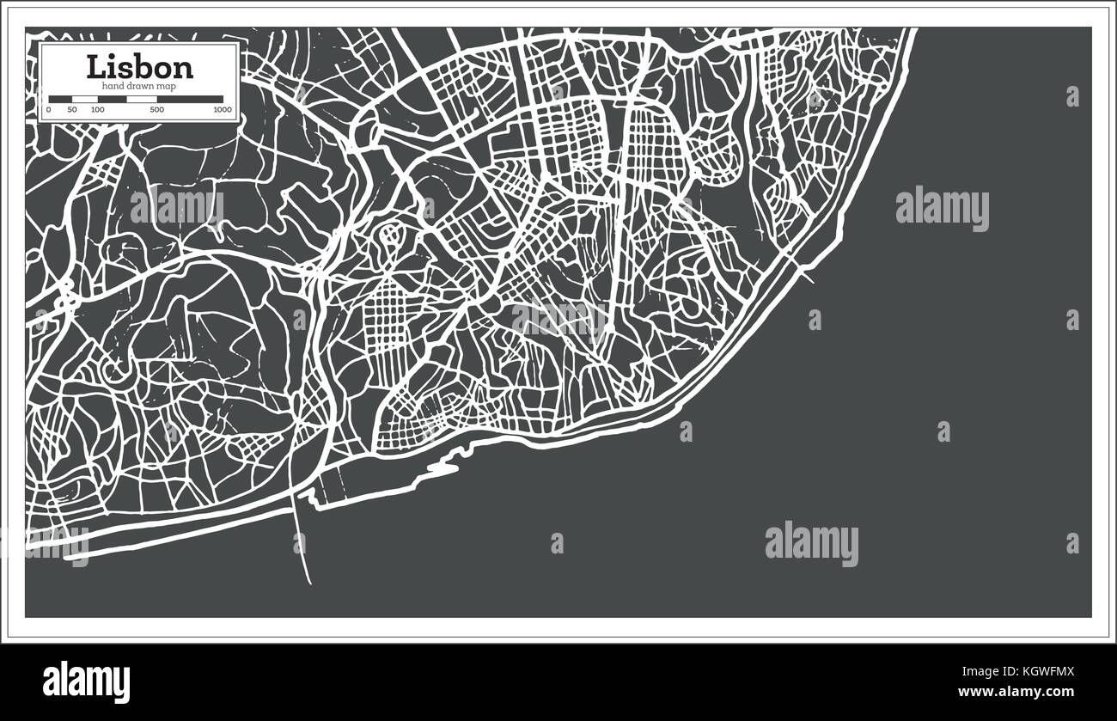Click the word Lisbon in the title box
(139, 66)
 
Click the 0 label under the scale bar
(49, 110)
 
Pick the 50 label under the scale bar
(72, 110)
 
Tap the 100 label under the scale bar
(98, 110)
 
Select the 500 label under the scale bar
(156, 110)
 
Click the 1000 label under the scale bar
(223, 110)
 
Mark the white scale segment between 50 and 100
(85, 100)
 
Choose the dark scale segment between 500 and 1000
(190, 100)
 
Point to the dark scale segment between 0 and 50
(60, 100)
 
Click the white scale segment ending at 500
(142, 100)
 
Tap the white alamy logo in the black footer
(87, 681)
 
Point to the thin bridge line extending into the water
(303, 541)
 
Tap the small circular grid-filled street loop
(391, 235)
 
